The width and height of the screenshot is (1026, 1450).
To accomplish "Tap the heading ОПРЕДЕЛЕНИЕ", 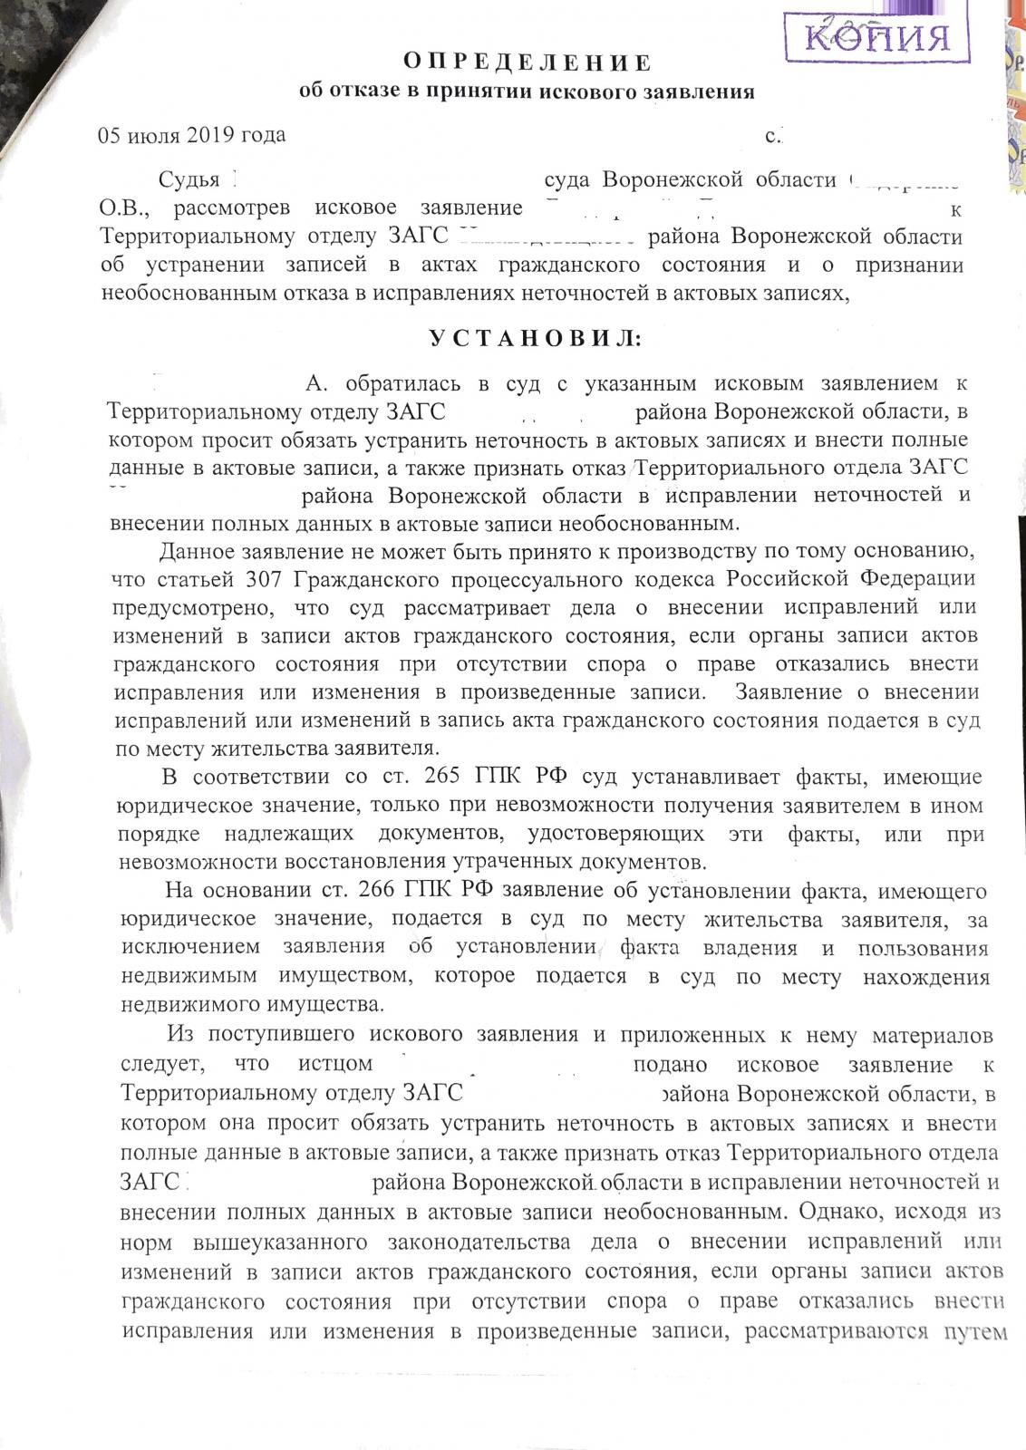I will (x=527, y=63).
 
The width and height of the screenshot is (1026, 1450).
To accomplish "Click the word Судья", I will (x=189, y=180).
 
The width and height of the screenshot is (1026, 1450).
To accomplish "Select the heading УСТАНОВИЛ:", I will (x=534, y=339).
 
